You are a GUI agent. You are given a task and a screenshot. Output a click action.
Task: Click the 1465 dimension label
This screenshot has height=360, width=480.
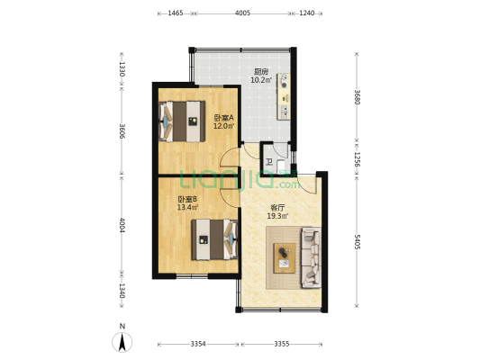[x=176, y=13]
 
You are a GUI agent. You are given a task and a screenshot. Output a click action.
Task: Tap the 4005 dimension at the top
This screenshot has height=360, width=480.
[x=243, y=13]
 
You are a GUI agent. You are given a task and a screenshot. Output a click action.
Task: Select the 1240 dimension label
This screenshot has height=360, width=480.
[x=307, y=13]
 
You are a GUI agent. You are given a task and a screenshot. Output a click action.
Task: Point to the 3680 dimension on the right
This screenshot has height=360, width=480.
[x=357, y=97]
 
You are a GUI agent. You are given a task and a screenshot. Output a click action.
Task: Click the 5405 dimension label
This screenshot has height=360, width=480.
[x=357, y=241]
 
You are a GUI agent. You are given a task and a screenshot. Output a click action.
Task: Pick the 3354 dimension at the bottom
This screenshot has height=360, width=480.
[x=198, y=344]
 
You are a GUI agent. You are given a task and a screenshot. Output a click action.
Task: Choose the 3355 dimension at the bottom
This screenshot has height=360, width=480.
[x=282, y=344]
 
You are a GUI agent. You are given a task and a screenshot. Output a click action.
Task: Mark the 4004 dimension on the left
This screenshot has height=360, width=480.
[x=122, y=225]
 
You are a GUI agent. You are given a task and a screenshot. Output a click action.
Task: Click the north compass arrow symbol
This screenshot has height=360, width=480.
[x=122, y=342]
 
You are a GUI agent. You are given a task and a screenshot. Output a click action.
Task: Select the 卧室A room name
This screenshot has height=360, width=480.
[x=223, y=118]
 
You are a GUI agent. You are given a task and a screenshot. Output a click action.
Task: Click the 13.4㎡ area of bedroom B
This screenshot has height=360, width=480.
[x=187, y=207]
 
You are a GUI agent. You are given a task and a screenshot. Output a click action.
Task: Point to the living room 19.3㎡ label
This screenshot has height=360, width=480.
[x=277, y=216]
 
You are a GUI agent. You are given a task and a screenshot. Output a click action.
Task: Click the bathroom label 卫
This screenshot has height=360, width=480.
[x=268, y=161]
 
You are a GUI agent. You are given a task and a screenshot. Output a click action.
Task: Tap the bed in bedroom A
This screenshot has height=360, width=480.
[x=182, y=121]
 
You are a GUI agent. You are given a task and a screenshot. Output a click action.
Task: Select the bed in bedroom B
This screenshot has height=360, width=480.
[x=215, y=239]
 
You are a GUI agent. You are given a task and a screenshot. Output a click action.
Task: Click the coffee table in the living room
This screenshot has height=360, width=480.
[x=285, y=257]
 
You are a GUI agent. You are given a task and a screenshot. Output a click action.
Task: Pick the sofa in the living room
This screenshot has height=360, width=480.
[x=312, y=257]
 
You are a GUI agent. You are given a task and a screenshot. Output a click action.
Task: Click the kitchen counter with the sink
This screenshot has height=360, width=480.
[x=284, y=96]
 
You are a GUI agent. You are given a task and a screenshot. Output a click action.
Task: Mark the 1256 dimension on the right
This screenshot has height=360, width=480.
[x=357, y=159]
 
